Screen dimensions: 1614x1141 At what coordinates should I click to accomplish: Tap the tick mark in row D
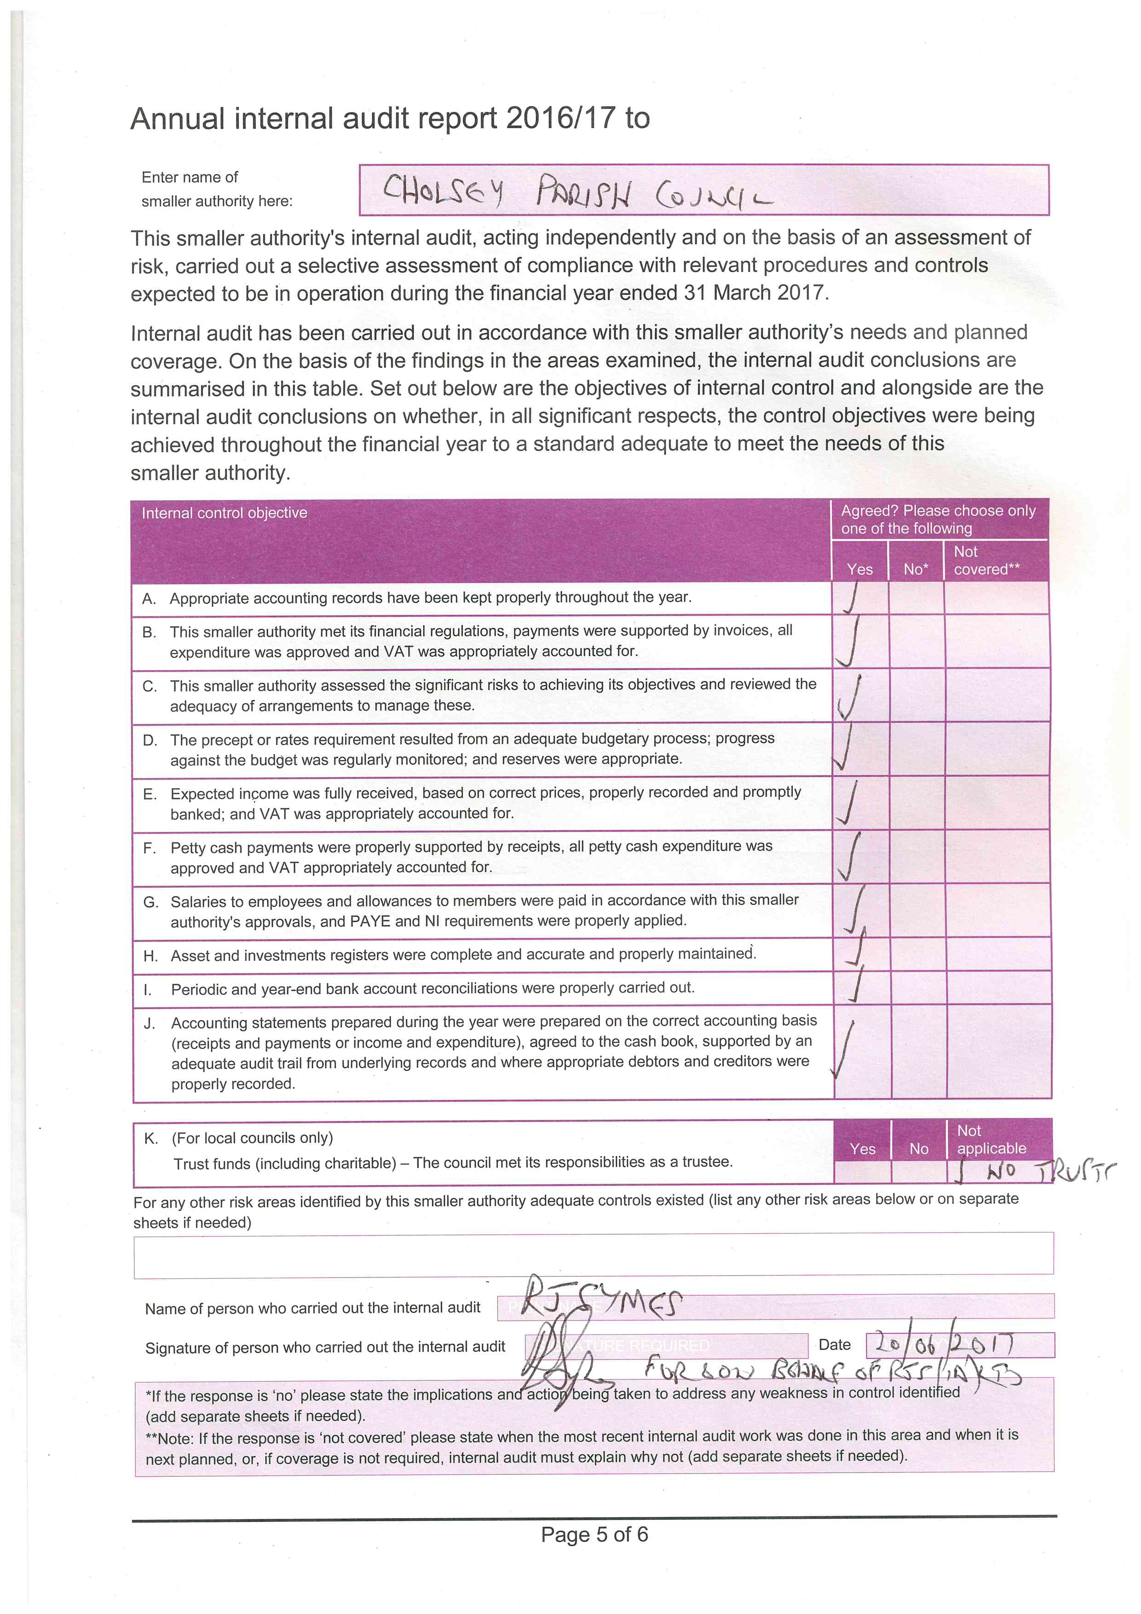coord(845,748)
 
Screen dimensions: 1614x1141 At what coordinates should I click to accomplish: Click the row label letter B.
coord(149,632)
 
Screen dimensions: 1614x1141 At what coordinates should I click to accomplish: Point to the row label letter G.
coord(150,902)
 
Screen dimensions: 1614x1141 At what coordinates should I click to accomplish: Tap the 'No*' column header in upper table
coord(916,569)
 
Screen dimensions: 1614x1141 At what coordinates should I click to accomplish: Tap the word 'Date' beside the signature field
coord(834,1345)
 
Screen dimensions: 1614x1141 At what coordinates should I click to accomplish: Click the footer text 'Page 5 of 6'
coord(594,1534)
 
